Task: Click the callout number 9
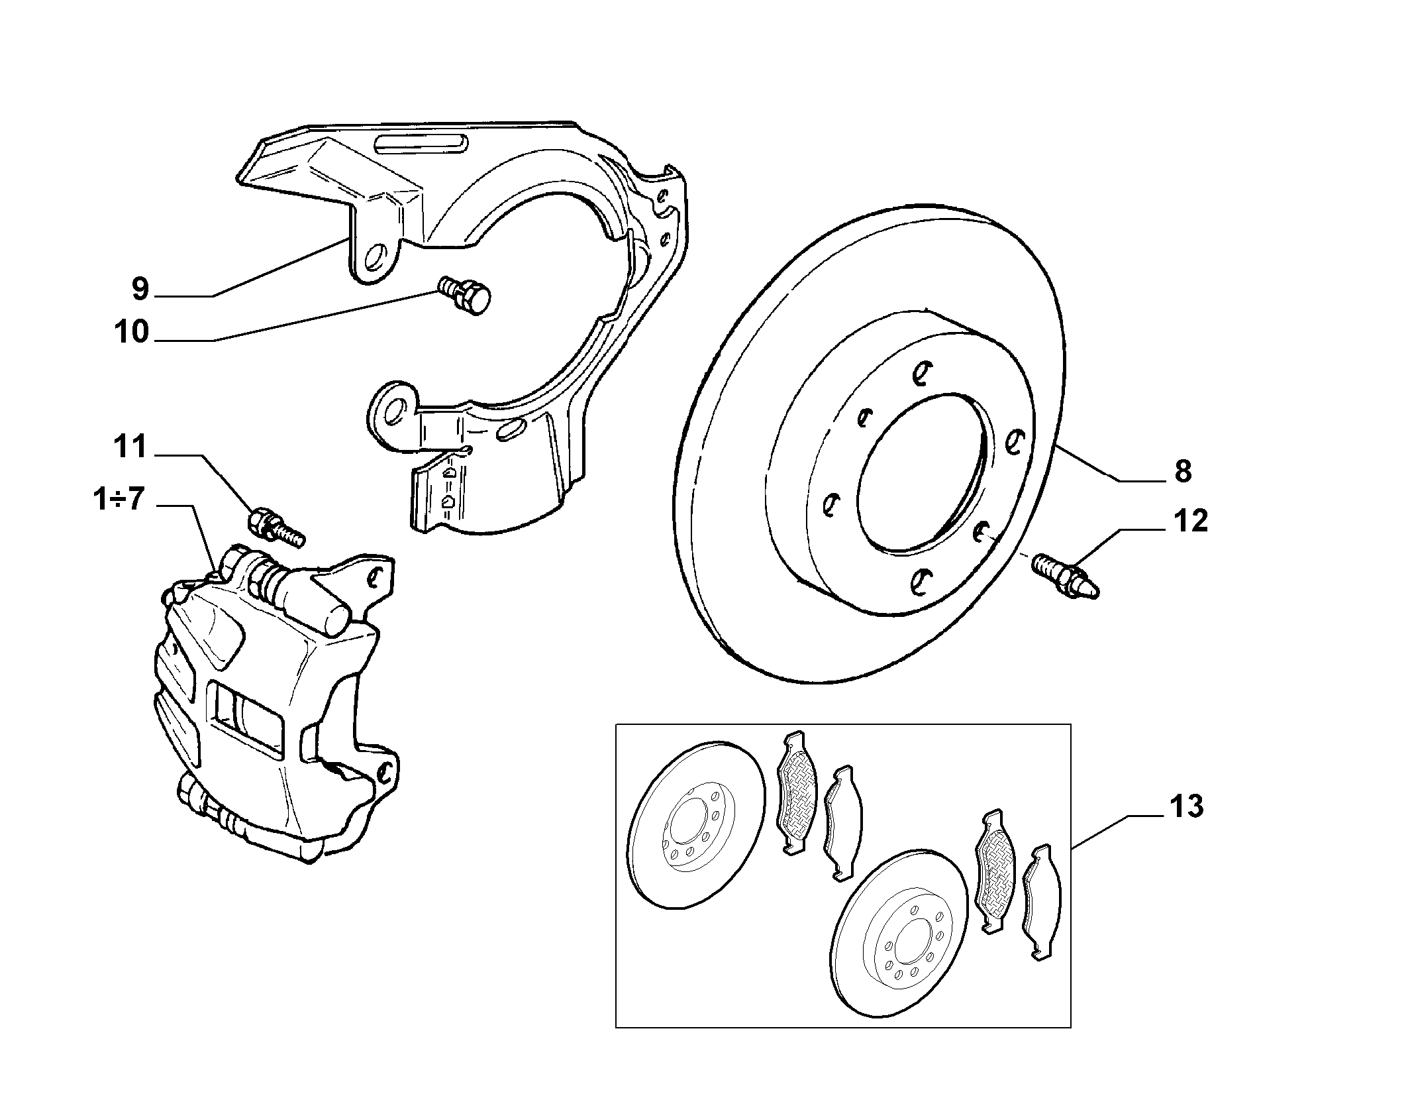pos(141,288)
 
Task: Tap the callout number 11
pos(130,447)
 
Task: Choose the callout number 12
pos(1190,521)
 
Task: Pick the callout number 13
pos(1186,807)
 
